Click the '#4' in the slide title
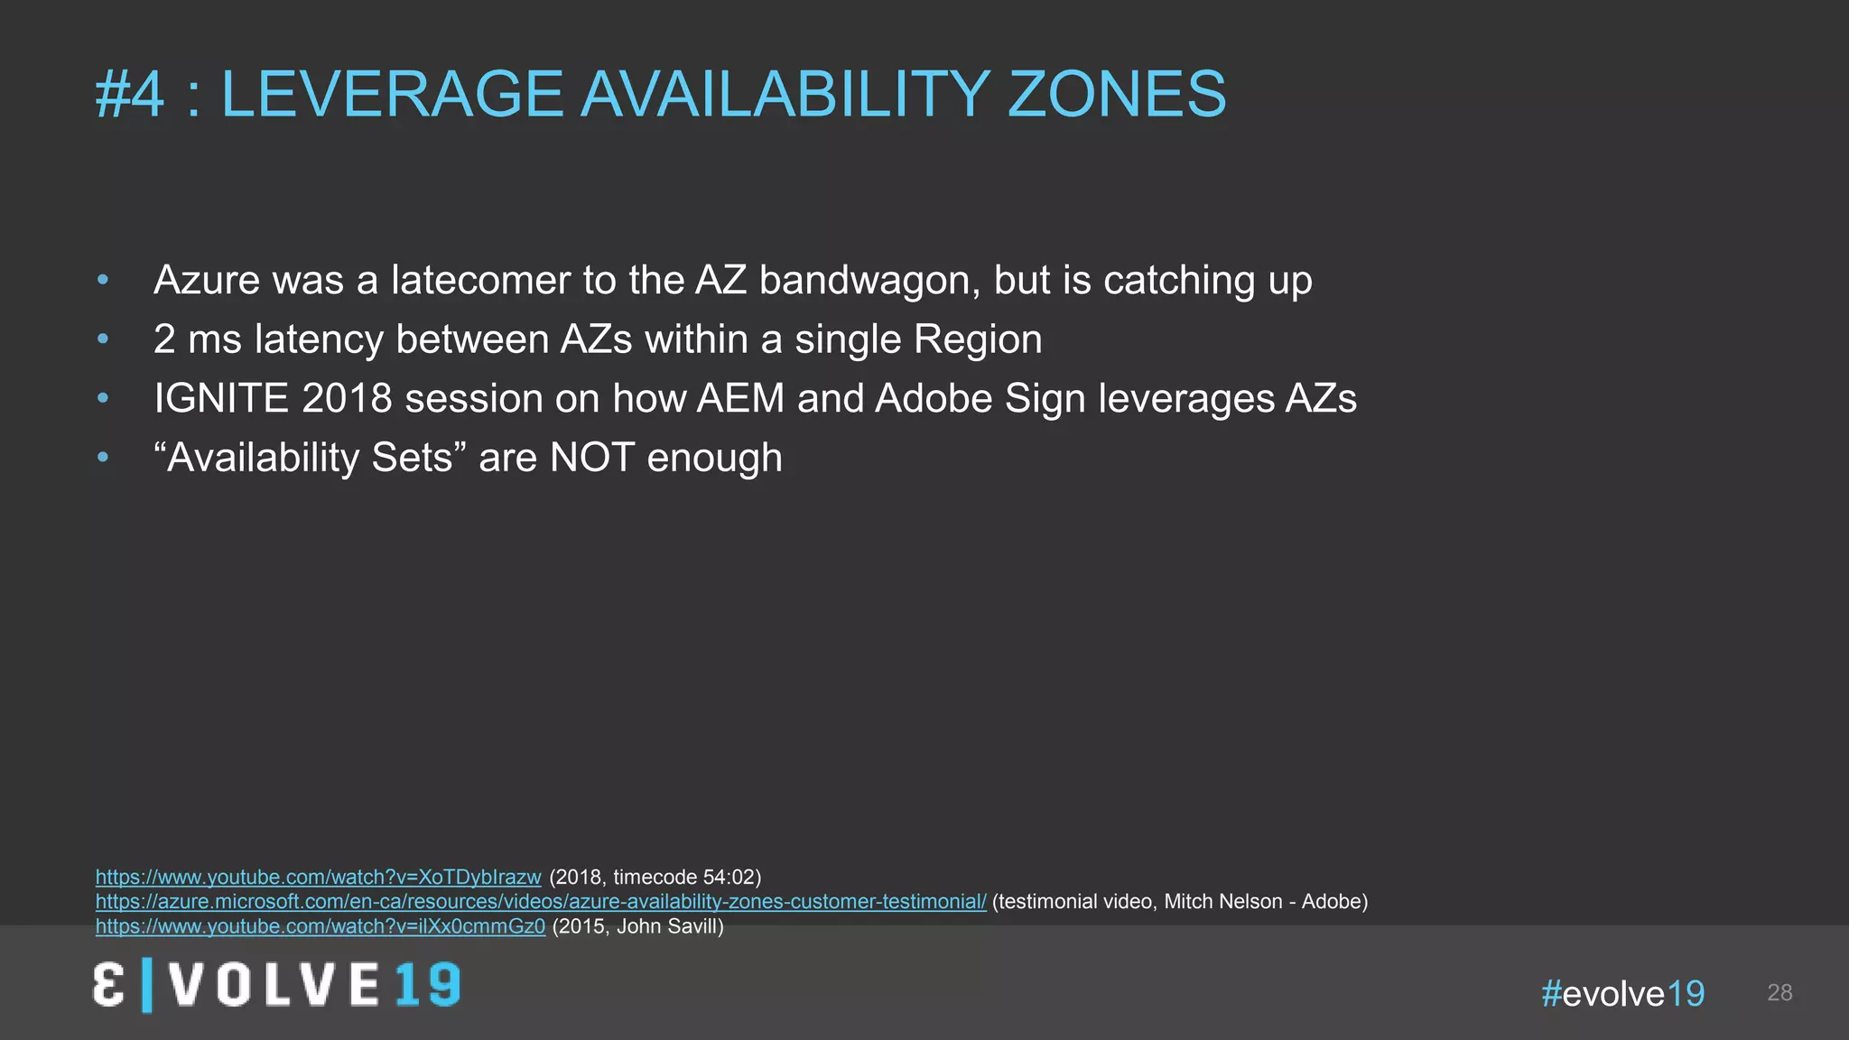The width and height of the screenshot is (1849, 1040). (130, 95)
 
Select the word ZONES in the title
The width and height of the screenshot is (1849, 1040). (1116, 95)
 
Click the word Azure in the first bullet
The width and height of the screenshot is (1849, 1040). (206, 280)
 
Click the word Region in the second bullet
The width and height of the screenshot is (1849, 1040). (978, 339)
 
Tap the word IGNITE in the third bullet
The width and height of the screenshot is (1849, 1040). (221, 399)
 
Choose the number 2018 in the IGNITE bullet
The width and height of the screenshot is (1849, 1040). (347, 399)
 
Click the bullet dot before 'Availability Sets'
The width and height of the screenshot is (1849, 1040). (103, 459)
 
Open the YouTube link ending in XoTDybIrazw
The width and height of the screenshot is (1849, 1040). (318, 877)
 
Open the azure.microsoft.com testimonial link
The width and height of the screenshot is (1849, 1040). (541, 901)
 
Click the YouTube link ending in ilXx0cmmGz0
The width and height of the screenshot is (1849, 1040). (321, 926)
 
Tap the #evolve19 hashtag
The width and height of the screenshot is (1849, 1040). (1622, 993)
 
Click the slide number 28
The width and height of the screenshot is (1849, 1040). (1779, 993)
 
